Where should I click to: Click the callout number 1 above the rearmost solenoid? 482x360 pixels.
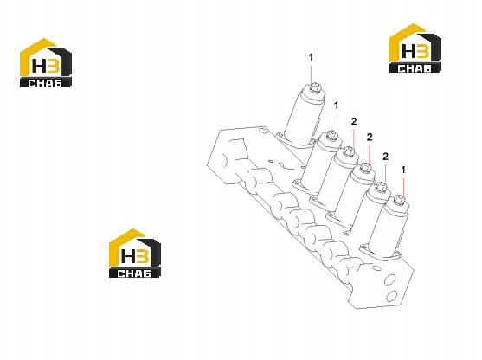pos(311,57)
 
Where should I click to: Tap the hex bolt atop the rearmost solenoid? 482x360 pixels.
pos(315,88)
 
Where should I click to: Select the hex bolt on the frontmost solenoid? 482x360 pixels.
pos(400,200)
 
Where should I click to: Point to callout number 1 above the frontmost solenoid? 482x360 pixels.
pos(403,170)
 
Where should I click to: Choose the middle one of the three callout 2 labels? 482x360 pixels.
pos(370,137)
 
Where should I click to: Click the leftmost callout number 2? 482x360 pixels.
pos(354,122)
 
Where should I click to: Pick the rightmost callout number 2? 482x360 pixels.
pos(385,157)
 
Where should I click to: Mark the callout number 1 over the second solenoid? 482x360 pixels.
pos(336,106)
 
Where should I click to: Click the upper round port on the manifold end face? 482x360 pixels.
pos(390,280)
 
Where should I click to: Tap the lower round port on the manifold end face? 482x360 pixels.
pos(391,296)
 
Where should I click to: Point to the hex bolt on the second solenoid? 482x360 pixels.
pos(331,135)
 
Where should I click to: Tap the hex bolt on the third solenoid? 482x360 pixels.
pos(348,151)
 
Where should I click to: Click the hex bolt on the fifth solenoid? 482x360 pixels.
pos(381,187)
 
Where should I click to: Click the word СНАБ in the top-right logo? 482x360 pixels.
pos(415,68)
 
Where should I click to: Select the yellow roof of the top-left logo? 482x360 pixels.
pos(38,55)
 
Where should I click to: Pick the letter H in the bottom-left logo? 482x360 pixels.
pos(128,256)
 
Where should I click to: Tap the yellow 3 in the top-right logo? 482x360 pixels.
pos(422,51)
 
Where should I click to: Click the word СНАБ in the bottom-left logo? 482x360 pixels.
pos(135,273)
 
